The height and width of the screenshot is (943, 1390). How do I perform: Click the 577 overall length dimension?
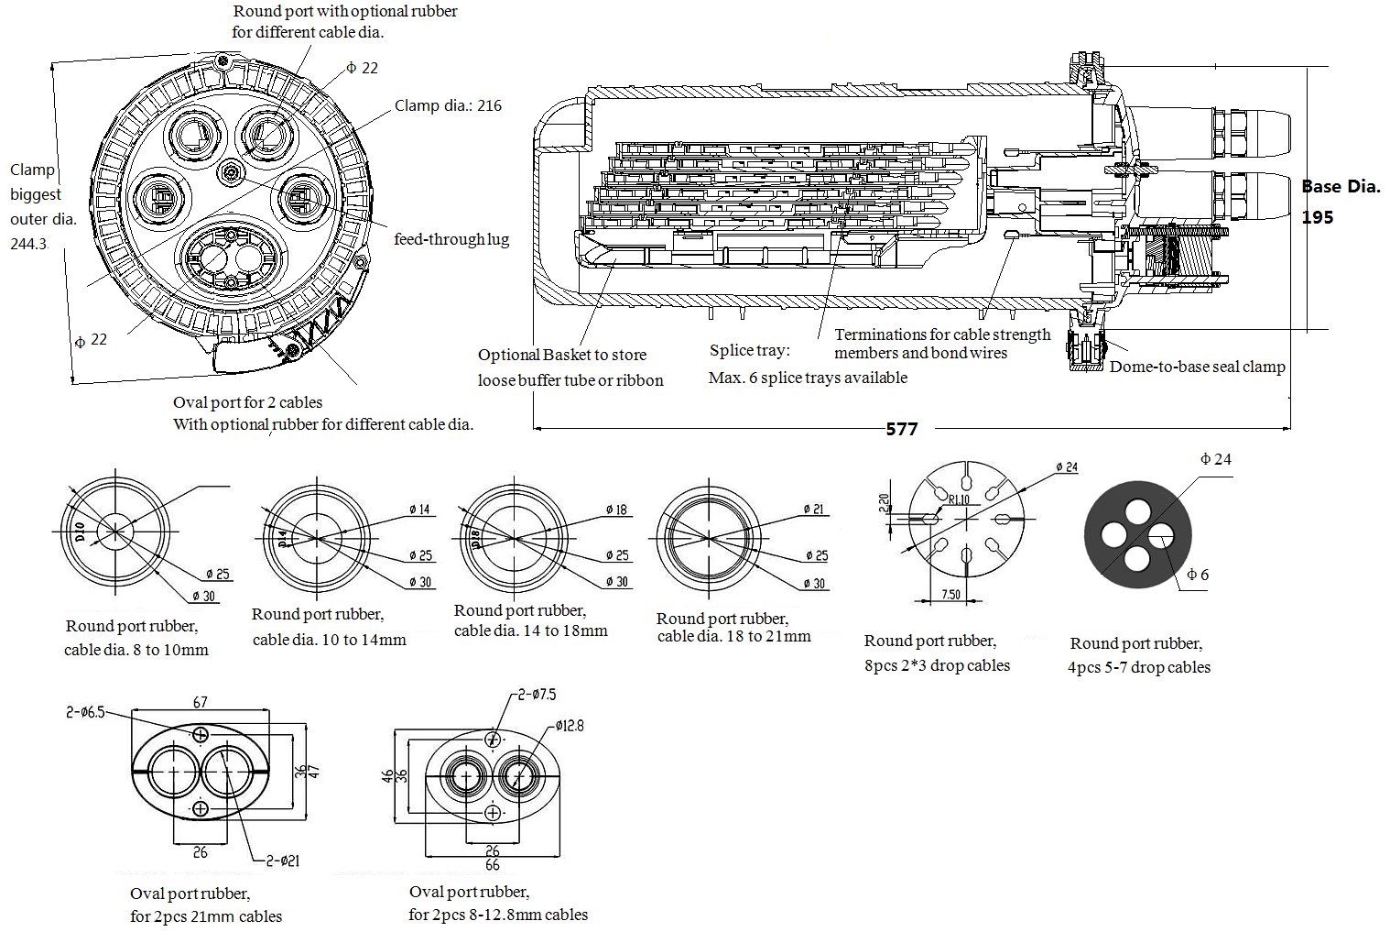click(901, 429)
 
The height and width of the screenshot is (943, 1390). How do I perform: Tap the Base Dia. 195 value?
click(1318, 217)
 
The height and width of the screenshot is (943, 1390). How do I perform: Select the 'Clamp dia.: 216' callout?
click(448, 105)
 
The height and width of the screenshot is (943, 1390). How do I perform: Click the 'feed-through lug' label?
click(451, 239)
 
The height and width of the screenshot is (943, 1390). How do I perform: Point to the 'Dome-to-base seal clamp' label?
click(1197, 367)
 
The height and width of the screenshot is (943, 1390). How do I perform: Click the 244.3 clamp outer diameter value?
click(28, 244)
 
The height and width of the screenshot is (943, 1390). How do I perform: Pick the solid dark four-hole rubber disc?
click(1137, 534)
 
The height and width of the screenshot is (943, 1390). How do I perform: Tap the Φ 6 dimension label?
click(1198, 575)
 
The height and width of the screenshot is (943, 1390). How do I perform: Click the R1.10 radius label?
click(959, 499)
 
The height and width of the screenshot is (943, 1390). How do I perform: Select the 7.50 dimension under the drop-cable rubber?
click(950, 595)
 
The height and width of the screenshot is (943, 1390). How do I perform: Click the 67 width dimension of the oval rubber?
click(200, 702)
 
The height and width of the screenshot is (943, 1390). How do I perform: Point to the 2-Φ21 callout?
click(282, 861)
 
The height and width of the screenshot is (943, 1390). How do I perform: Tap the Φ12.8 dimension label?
click(569, 726)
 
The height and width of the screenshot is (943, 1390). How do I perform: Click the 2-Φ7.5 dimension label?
click(537, 695)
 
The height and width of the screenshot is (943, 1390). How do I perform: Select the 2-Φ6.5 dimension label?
click(85, 712)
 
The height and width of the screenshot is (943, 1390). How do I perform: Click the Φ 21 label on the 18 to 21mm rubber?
click(813, 510)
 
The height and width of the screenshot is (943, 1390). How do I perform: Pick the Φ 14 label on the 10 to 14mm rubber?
click(419, 510)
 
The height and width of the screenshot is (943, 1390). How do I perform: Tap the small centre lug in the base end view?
click(231, 172)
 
